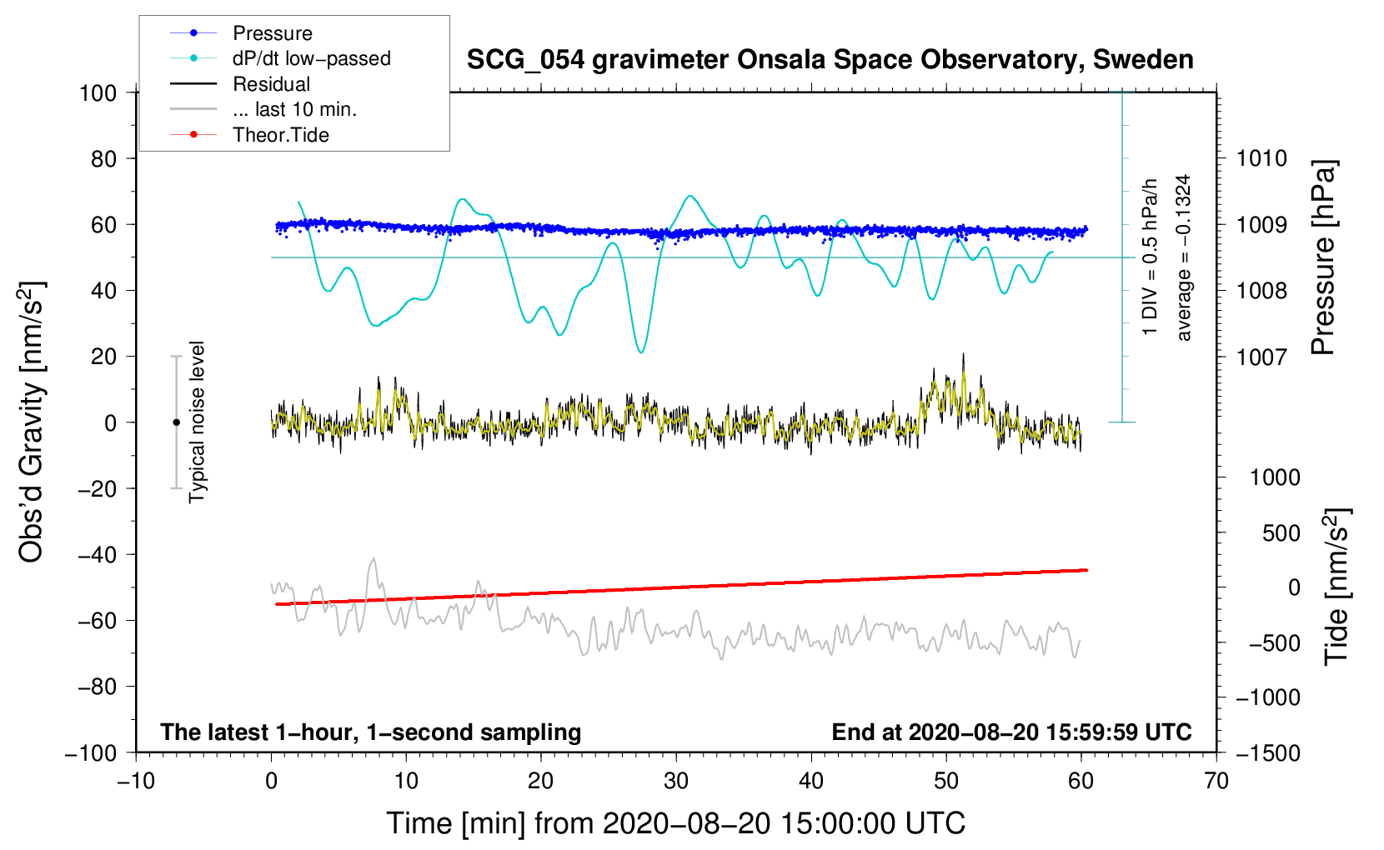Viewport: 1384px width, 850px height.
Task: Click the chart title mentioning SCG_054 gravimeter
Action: coord(830,60)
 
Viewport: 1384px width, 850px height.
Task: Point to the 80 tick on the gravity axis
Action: coord(103,159)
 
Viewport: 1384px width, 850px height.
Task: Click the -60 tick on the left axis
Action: coord(97,620)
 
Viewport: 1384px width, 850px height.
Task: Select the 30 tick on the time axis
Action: coord(676,781)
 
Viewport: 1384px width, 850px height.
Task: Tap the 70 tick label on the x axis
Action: coord(1216,781)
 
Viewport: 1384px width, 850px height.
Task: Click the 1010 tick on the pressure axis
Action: coord(1261,159)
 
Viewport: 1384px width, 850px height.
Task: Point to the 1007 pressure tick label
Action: coord(1261,357)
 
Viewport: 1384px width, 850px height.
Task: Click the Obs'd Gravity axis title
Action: coord(31,422)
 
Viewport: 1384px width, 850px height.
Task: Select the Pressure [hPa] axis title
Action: coord(1323,257)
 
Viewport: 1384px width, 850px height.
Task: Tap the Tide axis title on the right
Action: coord(1337,587)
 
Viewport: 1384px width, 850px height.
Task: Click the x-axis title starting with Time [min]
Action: coord(676,823)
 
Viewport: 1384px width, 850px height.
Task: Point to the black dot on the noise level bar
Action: coord(176,422)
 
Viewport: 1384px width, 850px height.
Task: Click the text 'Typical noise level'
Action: coord(197,422)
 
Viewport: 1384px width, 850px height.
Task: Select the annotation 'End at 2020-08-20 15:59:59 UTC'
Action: coord(1011,732)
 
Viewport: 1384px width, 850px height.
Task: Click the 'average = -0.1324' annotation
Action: coord(1182,257)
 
